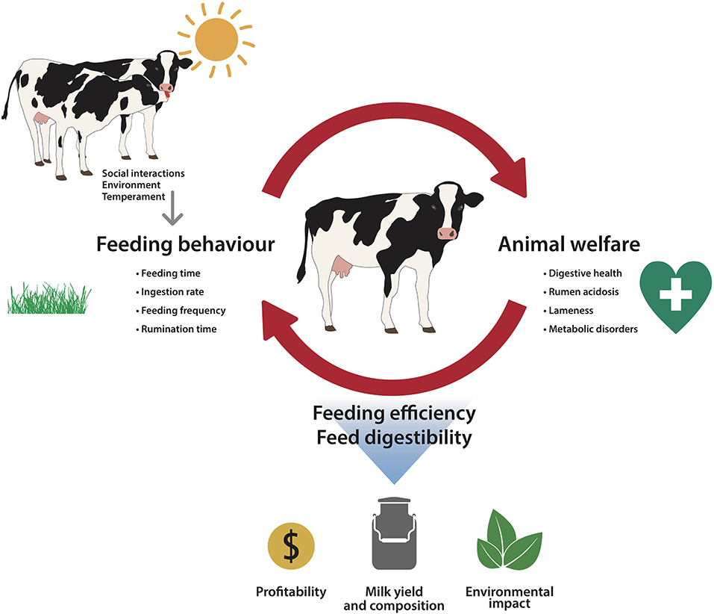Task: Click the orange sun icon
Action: [216, 39]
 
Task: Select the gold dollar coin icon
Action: [291, 546]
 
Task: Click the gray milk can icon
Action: [395, 533]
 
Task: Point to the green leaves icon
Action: [510, 540]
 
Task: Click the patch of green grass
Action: [49, 298]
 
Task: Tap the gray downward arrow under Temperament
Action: [172, 208]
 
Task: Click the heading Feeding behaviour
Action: [185, 244]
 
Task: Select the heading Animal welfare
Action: [569, 244]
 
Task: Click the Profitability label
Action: [291, 592]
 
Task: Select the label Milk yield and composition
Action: [394, 598]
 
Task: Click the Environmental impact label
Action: [510, 598]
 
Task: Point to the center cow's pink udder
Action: [341, 267]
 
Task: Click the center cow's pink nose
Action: [447, 233]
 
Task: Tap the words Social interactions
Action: [143, 173]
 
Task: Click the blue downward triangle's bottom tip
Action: [395, 483]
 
